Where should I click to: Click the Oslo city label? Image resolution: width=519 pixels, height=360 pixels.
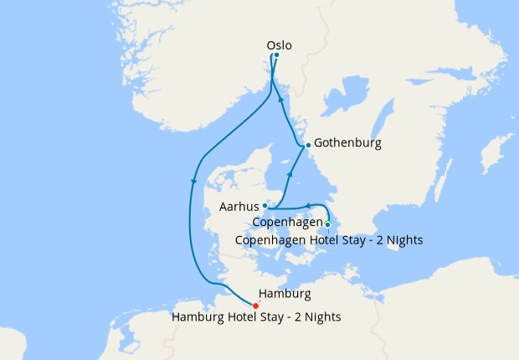(280, 45)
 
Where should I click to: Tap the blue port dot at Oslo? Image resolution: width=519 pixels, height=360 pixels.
(276, 56)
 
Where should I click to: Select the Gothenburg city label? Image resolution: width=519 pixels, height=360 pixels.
(347, 143)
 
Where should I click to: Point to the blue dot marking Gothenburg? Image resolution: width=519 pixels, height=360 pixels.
(308, 145)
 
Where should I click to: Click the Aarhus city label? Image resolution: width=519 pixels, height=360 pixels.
(238, 205)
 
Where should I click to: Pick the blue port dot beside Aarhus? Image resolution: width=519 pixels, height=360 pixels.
(265, 205)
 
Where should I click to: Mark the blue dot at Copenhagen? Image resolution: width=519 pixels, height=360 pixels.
(328, 224)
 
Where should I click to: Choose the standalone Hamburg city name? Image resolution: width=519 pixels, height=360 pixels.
(285, 294)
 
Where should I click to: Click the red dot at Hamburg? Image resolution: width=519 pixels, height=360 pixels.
(255, 306)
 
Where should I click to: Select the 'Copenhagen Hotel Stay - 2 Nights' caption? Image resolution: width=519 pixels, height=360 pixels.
(329, 240)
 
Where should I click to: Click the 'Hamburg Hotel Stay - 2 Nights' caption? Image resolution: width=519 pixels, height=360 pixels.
(256, 317)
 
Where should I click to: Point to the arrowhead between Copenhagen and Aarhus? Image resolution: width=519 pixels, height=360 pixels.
(307, 204)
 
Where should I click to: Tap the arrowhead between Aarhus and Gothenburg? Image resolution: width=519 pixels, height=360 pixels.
(290, 174)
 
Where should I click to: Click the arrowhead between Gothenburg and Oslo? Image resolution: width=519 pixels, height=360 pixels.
(281, 100)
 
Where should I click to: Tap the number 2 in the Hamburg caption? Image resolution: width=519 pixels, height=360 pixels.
(298, 317)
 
